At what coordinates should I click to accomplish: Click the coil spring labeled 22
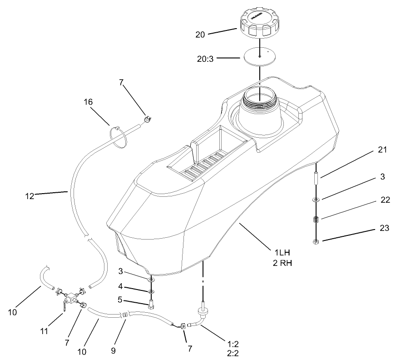click(x=316, y=220)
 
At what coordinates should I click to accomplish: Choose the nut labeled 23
click(x=316, y=241)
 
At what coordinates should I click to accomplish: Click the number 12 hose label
click(x=30, y=196)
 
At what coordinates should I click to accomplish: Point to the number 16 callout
click(x=88, y=102)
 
